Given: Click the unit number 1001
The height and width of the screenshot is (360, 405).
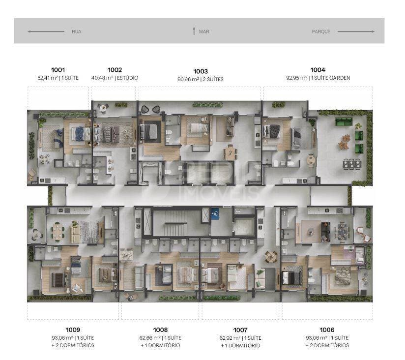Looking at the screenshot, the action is [x=58, y=70].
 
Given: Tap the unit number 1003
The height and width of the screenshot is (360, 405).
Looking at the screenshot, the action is [x=201, y=71].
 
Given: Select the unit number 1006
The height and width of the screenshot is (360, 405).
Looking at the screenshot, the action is [x=327, y=330].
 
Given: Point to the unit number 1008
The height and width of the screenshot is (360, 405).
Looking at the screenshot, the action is [x=160, y=330].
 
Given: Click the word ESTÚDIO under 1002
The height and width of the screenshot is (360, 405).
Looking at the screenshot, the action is [x=128, y=78].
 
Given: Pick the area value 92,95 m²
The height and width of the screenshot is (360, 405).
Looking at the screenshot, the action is [x=297, y=78].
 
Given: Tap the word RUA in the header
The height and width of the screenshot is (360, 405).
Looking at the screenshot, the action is [x=77, y=31].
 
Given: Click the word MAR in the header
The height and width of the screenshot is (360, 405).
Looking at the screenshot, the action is [x=204, y=31].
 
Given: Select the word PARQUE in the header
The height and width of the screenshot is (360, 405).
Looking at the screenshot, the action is [x=321, y=31].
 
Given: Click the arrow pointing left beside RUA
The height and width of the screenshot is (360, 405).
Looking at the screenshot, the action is [x=46, y=31].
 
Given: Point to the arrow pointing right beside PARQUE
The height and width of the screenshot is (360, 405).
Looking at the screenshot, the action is [x=356, y=31].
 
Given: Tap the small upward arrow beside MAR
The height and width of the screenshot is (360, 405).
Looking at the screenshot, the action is [x=194, y=31].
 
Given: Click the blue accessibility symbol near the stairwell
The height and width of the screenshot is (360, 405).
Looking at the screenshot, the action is [x=215, y=214].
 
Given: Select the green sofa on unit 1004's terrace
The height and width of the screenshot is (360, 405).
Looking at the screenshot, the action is [x=344, y=121].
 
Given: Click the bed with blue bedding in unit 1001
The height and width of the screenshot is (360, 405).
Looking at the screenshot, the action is [x=81, y=133].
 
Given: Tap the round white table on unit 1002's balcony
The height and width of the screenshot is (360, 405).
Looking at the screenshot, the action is [x=103, y=108].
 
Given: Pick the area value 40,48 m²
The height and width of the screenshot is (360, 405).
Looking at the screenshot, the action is [x=102, y=78].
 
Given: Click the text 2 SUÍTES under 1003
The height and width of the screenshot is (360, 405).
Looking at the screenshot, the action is [x=213, y=79].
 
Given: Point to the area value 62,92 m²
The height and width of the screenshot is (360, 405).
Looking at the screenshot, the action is [x=231, y=338].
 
